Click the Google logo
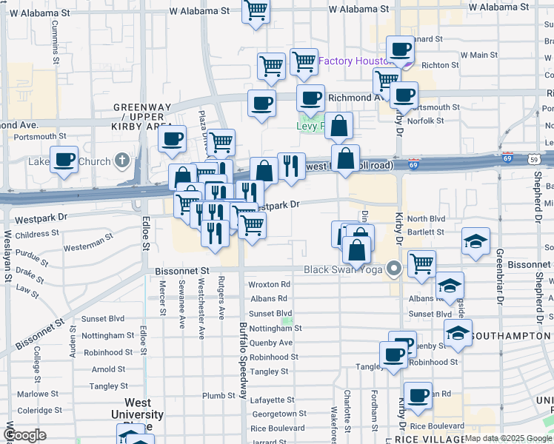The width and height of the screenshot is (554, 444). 24,435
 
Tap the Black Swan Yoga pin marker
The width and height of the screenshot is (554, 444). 394,269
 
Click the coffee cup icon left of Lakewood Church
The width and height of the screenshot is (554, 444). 64,158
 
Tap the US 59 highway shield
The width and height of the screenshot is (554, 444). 534,158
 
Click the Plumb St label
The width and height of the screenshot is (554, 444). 218,396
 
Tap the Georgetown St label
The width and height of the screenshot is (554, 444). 278,414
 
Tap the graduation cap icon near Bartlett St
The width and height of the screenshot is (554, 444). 475,241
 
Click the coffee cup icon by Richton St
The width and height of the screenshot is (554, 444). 401,50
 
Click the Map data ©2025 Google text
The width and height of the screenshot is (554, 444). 508,438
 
